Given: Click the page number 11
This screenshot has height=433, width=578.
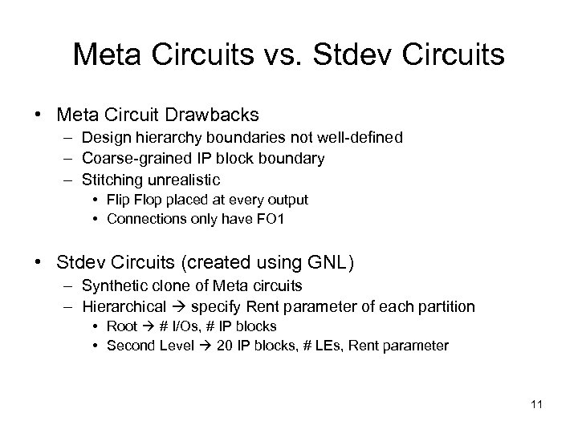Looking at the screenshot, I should (x=537, y=403).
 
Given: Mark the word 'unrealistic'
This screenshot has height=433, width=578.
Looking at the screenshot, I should (x=190, y=180).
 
